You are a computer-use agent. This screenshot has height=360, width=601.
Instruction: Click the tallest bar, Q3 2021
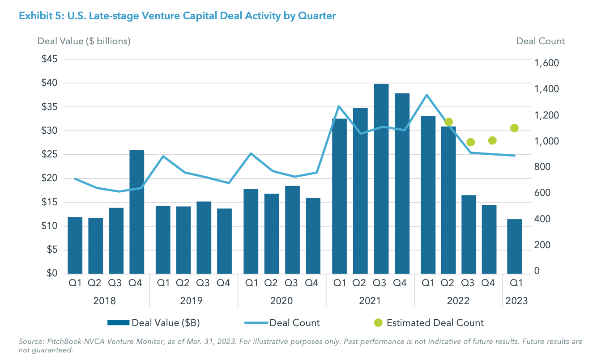pyautogui.click(x=381, y=179)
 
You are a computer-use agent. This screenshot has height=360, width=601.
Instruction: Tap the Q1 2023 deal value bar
pyautogui.click(x=514, y=246)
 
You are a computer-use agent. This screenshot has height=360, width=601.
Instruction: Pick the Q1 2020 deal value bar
pyautogui.click(x=251, y=231)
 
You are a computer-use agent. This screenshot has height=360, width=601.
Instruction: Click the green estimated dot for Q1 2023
pyautogui.click(x=514, y=128)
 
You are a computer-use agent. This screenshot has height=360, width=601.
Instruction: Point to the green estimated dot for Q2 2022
pyautogui.click(x=448, y=122)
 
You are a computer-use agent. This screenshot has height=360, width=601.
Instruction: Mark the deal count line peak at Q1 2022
pyautogui.click(x=427, y=95)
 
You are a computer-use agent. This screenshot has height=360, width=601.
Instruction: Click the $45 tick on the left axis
pyautogui.click(x=50, y=59)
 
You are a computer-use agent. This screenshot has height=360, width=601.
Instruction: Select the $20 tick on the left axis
pyautogui.click(x=50, y=178)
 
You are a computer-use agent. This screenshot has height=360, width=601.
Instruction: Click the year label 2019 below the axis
pyautogui.click(x=193, y=301)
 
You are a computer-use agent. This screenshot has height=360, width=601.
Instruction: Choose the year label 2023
pyautogui.click(x=516, y=301)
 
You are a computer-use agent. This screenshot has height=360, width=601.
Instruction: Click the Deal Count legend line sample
pyautogui.click(x=256, y=323)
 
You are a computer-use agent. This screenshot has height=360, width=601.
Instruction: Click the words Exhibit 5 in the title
pyautogui.click(x=40, y=16)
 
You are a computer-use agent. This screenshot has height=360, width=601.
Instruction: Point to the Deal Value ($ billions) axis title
pyautogui.click(x=84, y=41)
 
